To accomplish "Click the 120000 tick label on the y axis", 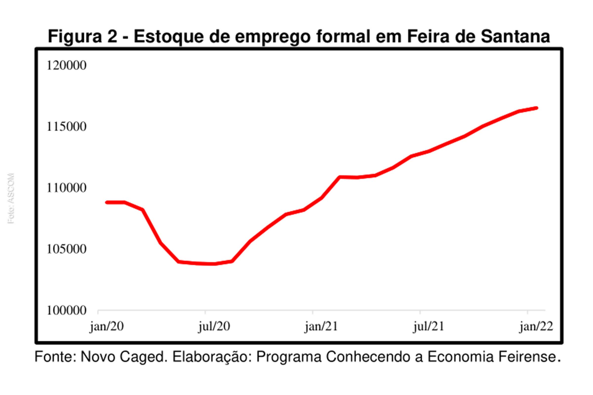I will coord(66,65).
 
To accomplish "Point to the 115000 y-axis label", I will coord(66,127).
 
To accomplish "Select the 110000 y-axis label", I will coord(66,188).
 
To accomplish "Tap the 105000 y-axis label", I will coord(66,249).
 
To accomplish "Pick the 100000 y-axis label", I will coord(66,310).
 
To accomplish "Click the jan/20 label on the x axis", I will coord(107,327).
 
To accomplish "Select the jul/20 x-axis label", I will coord(214,327).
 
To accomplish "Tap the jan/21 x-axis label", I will coord(321,327).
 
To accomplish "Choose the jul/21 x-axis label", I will coord(428,327).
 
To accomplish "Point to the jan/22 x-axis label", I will coord(536,327).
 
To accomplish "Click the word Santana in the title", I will coord(515,37).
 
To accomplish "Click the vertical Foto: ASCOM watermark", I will coord(11,198).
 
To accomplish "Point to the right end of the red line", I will coord(536,108).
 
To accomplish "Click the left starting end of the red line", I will coord(107,202).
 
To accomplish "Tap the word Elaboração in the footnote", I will coord(212,357).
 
